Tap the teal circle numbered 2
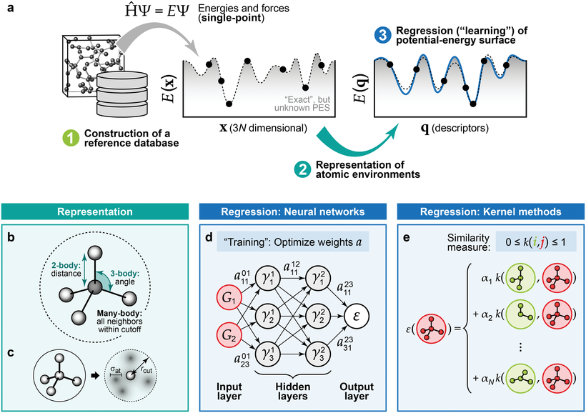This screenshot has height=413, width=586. (x=303, y=169)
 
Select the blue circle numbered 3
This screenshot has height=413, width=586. (x=382, y=34)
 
